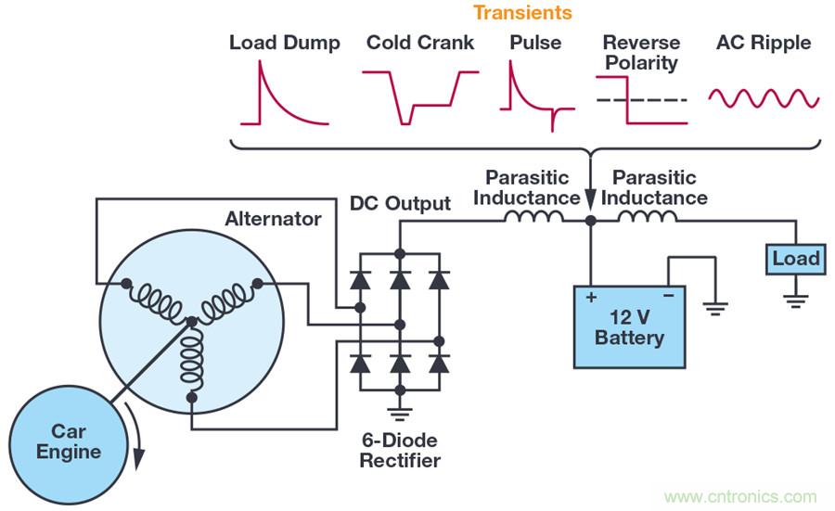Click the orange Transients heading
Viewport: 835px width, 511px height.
pyautogui.click(x=522, y=13)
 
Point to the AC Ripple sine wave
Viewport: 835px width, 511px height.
pyautogui.click(x=764, y=96)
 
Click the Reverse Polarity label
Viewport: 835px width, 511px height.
pyautogui.click(x=640, y=53)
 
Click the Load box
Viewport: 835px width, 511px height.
pyautogui.click(x=795, y=259)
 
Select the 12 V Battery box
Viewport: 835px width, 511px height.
pyautogui.click(x=630, y=326)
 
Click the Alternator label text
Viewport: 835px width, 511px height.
pyautogui.click(x=273, y=220)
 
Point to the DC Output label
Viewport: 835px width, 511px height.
pyautogui.click(x=400, y=204)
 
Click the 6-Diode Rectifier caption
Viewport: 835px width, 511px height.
pyautogui.click(x=401, y=450)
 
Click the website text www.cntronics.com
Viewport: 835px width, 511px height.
pyautogui.click(x=739, y=496)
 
